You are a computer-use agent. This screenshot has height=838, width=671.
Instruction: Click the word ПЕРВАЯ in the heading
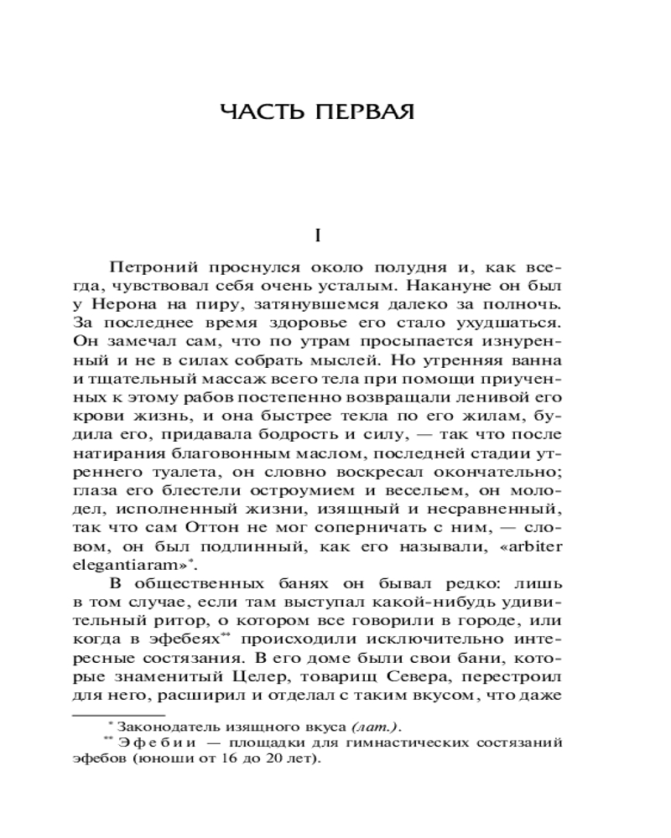[363, 111]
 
